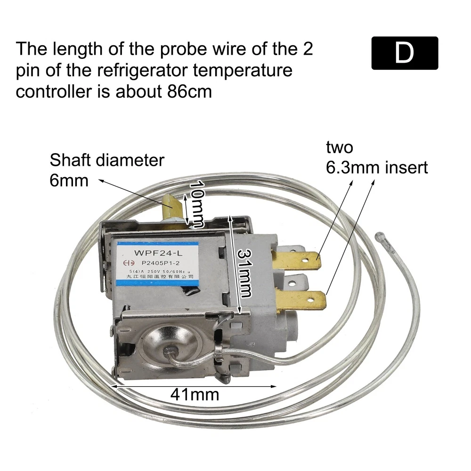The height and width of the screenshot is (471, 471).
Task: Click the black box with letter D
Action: click(x=405, y=53)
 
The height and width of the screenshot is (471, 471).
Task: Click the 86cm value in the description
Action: click(x=188, y=91)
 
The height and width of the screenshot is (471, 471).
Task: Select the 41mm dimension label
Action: click(x=194, y=393)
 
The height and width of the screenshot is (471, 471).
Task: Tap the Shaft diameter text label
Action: click(x=107, y=160)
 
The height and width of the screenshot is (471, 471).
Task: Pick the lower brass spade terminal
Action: click(x=301, y=300)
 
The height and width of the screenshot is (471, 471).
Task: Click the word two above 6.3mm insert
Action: click(x=340, y=147)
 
